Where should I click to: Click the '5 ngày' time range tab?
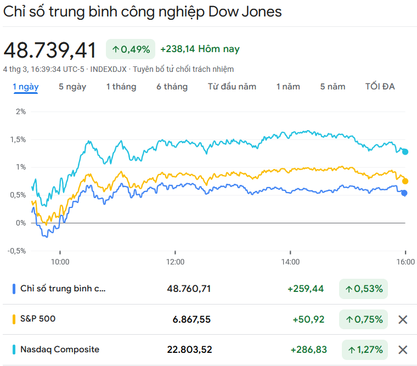(72, 87)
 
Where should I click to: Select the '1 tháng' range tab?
(121, 87)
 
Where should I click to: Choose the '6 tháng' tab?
(172, 87)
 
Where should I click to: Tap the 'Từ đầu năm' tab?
(232, 87)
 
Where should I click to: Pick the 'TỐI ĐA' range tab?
(380, 87)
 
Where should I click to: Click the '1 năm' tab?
(288, 87)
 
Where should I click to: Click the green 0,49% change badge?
(131, 49)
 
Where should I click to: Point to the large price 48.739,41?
(50, 50)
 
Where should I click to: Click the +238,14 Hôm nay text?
(200, 49)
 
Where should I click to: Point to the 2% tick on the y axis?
(21, 111)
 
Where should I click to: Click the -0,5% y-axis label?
(17, 251)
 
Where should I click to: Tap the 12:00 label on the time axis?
(175, 262)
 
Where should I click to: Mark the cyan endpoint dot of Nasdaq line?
(405, 151)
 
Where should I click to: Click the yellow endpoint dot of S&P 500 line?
(405, 181)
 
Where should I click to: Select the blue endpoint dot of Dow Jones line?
(404, 193)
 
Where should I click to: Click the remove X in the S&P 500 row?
(403, 319)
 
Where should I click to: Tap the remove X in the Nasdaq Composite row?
(403, 350)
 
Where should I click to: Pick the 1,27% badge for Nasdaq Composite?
(364, 350)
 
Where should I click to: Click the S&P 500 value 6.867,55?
(189, 319)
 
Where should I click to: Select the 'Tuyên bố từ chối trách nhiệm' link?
(183, 69)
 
